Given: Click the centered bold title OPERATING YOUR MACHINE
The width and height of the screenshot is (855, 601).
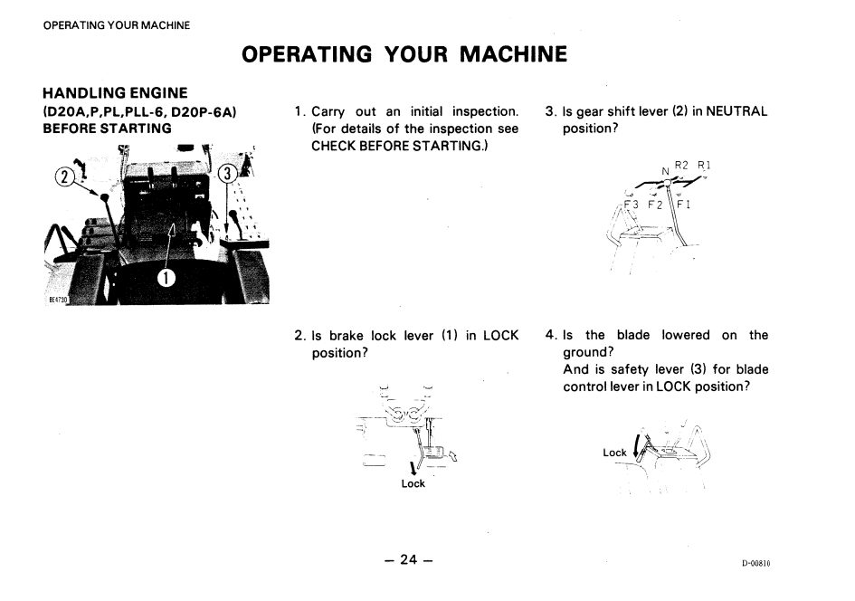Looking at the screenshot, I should click(x=405, y=53).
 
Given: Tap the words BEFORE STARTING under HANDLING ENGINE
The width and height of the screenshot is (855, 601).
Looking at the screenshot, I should click(x=108, y=128).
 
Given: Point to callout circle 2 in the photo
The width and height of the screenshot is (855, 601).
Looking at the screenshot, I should click(x=66, y=176).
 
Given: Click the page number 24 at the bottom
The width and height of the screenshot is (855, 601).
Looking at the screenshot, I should click(x=409, y=559).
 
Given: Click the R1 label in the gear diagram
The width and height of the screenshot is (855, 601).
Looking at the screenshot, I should click(x=704, y=165).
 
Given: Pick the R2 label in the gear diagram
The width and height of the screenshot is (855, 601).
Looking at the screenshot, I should click(x=681, y=165).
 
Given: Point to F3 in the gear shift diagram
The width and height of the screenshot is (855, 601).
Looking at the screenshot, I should click(x=631, y=205).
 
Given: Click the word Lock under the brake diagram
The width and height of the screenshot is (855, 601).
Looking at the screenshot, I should click(x=413, y=484).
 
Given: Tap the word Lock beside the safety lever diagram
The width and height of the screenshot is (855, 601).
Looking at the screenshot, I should click(x=614, y=453).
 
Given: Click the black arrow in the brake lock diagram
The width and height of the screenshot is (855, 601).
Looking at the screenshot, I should click(x=413, y=467).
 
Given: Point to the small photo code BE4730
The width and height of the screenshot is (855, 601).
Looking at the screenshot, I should click(x=59, y=299).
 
